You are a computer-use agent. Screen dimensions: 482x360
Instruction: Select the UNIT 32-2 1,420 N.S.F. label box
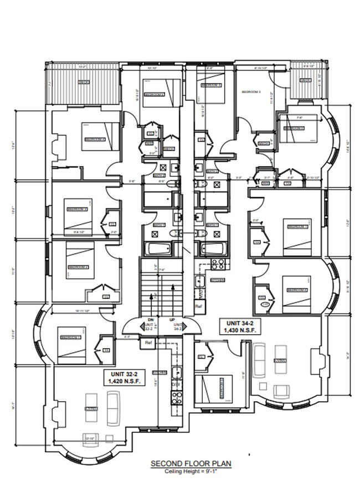(125, 378)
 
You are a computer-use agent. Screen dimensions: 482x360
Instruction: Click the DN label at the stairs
(150, 320)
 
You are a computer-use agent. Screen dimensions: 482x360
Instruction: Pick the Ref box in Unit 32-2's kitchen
(148, 344)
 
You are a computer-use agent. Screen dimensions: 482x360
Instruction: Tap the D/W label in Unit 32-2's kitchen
(177, 385)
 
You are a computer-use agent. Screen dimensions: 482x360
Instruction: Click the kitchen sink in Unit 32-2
(177, 372)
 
